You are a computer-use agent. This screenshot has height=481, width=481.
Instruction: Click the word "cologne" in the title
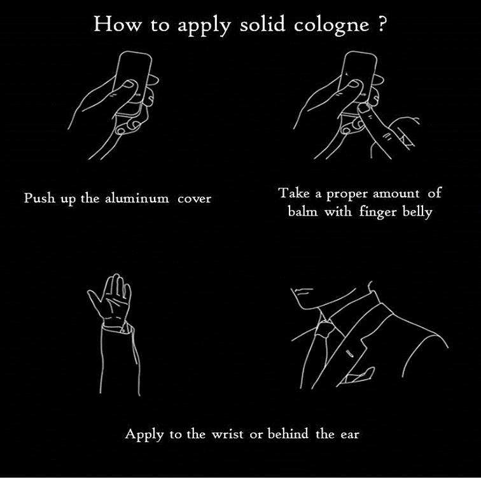tap(331, 25)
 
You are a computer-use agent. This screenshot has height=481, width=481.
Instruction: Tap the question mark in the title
tap(380, 24)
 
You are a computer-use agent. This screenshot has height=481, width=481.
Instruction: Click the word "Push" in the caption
tap(40, 197)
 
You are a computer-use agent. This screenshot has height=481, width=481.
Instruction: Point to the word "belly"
tap(417, 212)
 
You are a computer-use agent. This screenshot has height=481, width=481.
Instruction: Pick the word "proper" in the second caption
tap(346, 195)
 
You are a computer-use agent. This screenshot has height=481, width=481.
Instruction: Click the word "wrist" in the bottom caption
tap(227, 434)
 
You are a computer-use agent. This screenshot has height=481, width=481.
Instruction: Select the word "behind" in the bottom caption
tap(288, 434)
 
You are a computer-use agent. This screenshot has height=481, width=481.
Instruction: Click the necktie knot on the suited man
tap(324, 329)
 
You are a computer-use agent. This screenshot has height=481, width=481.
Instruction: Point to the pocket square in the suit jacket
tap(358, 375)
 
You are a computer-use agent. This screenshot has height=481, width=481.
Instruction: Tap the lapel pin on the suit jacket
tap(349, 353)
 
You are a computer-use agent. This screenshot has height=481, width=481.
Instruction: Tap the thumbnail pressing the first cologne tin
tap(130, 84)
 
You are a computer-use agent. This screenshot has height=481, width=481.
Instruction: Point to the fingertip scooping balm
tap(364, 108)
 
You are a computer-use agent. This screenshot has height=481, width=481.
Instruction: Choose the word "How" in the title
tap(117, 24)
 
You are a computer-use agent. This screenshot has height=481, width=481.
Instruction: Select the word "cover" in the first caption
tap(195, 199)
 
